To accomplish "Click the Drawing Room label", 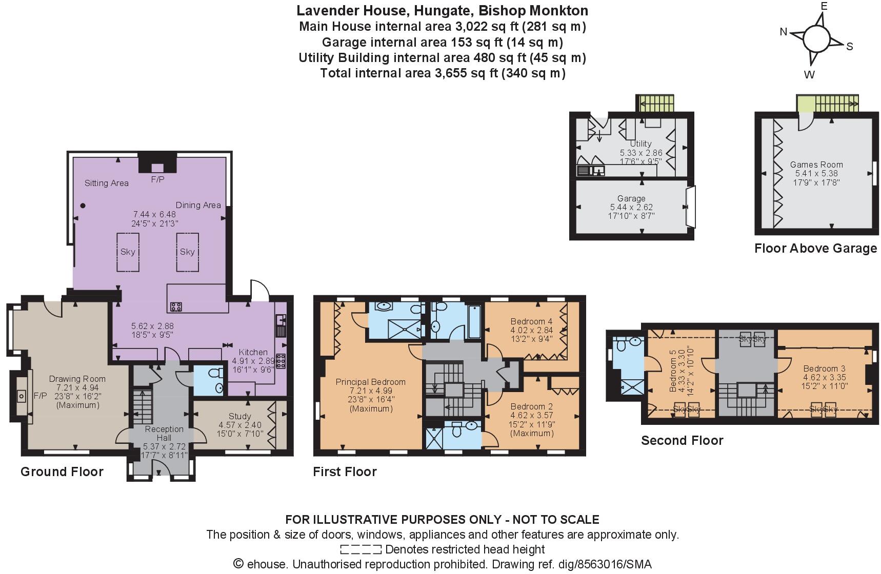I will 77,379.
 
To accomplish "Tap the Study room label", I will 239,416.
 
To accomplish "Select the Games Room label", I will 816,165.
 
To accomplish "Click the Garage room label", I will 631,198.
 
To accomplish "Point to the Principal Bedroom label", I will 370,382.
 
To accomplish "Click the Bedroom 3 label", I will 824,368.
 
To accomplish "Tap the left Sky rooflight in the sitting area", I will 128,252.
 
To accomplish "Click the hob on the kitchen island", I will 176,307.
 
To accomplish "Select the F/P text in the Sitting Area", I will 157,180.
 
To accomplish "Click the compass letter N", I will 783,32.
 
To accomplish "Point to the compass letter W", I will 809,75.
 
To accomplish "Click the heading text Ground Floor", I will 62,471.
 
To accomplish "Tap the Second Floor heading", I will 682,440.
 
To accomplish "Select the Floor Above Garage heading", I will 815,249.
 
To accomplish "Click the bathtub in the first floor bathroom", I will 474,321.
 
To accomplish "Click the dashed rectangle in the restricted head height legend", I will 361,550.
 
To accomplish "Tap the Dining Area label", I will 198,205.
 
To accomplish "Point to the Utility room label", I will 640,144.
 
